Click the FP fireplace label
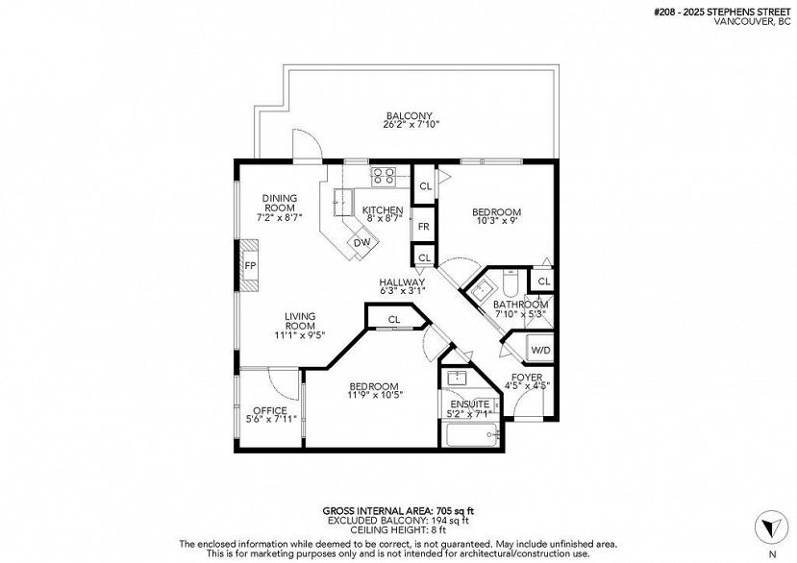[250, 265]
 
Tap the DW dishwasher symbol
[362, 242]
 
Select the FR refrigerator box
[423, 227]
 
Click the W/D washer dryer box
[540, 350]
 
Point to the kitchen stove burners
[384, 176]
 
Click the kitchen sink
[342, 202]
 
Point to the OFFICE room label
[270, 410]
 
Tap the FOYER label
[527, 377]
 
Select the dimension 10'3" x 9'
[497, 221]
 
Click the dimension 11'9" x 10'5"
[375, 394]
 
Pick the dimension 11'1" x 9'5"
[300, 334]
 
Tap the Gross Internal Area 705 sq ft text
[398, 511]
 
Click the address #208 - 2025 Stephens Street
[722, 12]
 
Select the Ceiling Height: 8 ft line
[398, 530]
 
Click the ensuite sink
[458, 378]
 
